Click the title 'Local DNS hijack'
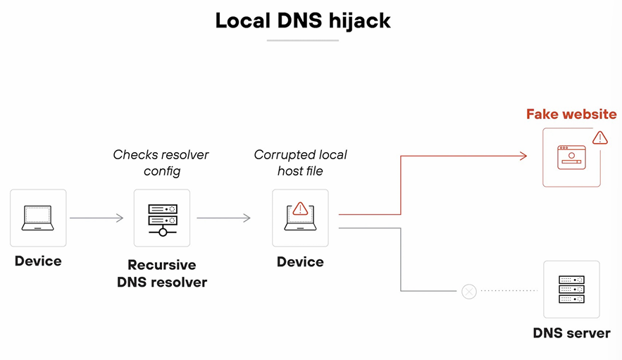coord(303,20)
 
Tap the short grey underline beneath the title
coord(303,41)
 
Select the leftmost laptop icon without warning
coord(38,218)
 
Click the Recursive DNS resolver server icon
coord(162,218)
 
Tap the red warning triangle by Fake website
coord(599,137)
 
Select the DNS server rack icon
coord(571,289)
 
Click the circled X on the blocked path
coord(468,291)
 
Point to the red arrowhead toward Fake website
coord(523,156)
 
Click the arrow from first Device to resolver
coord(97,218)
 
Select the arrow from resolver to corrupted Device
coord(223,218)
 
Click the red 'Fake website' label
coord(571,114)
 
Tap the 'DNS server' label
coord(571,333)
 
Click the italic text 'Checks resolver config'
coord(161,163)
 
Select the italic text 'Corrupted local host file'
coord(300,163)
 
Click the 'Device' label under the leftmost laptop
coord(38,261)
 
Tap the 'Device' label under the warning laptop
coord(300,262)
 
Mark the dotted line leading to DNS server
coord(509,291)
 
